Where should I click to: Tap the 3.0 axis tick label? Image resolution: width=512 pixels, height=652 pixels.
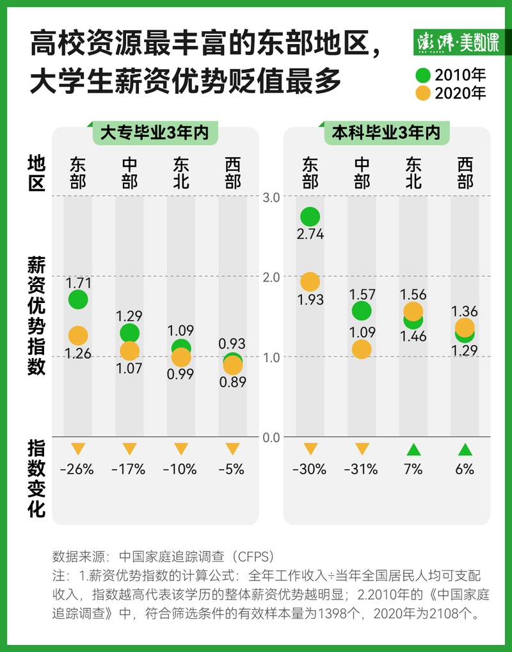coord(272,197)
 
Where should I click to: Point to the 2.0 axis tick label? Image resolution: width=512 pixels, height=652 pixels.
coord(272,277)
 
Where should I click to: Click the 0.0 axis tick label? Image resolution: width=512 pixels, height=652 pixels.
coord(272,437)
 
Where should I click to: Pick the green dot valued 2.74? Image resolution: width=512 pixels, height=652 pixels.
coord(310,217)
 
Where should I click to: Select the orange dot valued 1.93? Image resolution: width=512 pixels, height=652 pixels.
coord(310,282)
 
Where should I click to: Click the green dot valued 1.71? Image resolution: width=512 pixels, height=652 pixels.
coord(78,299)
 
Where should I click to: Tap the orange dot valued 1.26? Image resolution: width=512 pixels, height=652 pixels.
coord(78,336)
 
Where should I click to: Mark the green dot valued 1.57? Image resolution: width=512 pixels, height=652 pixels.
coord(362,311)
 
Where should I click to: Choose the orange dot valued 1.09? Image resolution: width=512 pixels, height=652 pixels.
coord(362,349)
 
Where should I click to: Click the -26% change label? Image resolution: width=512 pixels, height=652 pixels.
coord(77,469)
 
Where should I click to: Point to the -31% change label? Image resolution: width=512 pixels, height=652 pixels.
coord(361,469)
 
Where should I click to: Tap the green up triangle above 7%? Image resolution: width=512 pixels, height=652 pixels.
coord(413,449)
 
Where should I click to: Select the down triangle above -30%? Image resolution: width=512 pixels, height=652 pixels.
coord(310,449)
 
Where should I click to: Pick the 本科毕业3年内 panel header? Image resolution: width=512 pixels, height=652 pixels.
coord(386,133)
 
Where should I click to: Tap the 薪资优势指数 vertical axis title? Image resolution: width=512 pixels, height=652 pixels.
coord(36,316)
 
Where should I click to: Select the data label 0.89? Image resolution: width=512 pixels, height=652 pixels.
coord(233,382)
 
